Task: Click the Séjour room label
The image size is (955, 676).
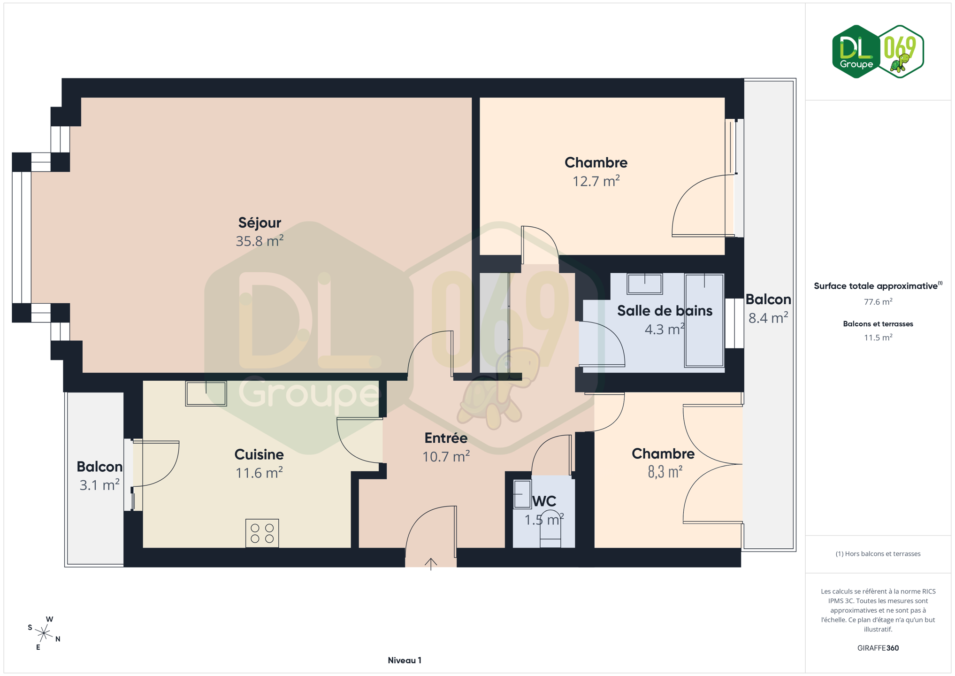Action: click(x=260, y=223)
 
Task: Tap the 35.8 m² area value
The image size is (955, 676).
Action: click(x=260, y=241)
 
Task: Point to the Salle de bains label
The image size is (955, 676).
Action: click(x=665, y=310)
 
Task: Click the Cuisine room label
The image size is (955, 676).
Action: click(x=259, y=454)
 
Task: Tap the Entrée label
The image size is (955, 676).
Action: click(x=446, y=438)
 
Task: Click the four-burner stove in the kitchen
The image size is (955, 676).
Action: click(x=262, y=533)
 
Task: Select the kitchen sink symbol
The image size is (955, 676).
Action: click(x=206, y=393)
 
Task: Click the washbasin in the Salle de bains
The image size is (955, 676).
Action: click(x=645, y=284)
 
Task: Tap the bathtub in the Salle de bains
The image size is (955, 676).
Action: click(x=704, y=320)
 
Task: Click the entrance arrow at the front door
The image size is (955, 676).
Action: click(x=431, y=564)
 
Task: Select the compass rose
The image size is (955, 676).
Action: click(x=44, y=633)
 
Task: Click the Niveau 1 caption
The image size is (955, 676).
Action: click(x=405, y=661)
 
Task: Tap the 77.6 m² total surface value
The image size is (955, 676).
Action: click(x=878, y=302)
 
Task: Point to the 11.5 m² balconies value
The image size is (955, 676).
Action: click(x=878, y=338)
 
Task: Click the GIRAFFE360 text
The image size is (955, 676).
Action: click(x=878, y=648)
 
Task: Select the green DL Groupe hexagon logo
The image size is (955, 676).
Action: click(x=856, y=52)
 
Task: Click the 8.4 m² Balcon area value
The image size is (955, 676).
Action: click(x=768, y=318)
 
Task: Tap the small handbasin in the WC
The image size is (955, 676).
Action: click(x=522, y=494)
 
